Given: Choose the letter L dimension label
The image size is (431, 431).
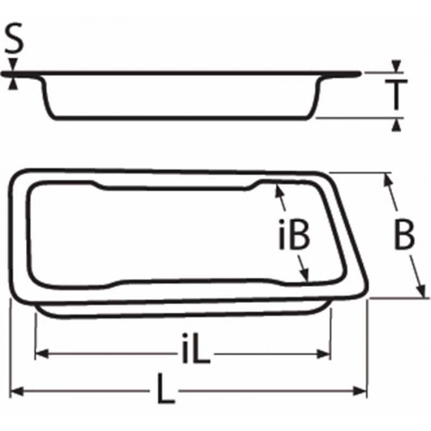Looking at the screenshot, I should pos(164,390).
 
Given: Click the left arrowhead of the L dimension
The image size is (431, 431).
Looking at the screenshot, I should pos(16,390).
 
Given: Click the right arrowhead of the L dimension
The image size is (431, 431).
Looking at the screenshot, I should pos(362,390).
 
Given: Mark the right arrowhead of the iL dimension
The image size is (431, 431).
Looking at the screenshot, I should pos(326,353).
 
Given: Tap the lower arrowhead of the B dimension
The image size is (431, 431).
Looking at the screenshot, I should pos(422,291).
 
